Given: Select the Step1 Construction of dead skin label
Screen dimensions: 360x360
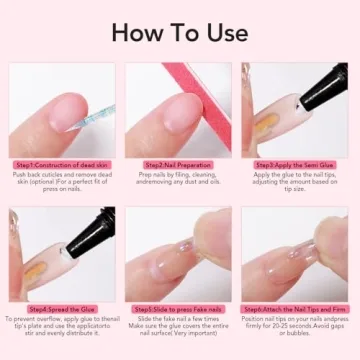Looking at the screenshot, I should [x=62, y=164].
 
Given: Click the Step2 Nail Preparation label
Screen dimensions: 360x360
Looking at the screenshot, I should [x=180, y=164].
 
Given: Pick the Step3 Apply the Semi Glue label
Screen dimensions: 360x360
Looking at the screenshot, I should [x=296, y=164].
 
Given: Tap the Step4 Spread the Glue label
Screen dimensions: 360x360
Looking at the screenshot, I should [x=62, y=309].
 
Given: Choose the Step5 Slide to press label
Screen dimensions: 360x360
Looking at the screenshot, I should [x=180, y=309].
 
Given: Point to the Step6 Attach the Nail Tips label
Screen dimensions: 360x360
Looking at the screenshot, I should [x=296, y=309].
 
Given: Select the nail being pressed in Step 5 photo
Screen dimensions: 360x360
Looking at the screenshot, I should [x=165, y=265].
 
